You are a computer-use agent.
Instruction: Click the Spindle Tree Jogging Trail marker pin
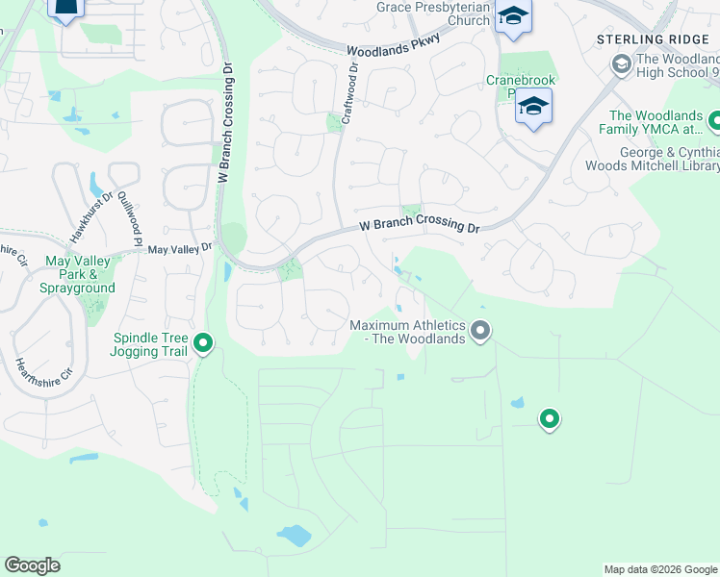203,342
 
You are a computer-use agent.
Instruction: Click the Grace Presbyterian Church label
434,13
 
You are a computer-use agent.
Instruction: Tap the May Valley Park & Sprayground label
81,274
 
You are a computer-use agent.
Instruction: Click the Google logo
32,565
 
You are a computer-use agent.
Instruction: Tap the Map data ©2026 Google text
659,569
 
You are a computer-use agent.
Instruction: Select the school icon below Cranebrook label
532,107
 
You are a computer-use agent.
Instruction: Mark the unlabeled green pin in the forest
549,419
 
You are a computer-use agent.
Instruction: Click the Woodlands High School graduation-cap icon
621,64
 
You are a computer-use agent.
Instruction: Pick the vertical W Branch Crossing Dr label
225,123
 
